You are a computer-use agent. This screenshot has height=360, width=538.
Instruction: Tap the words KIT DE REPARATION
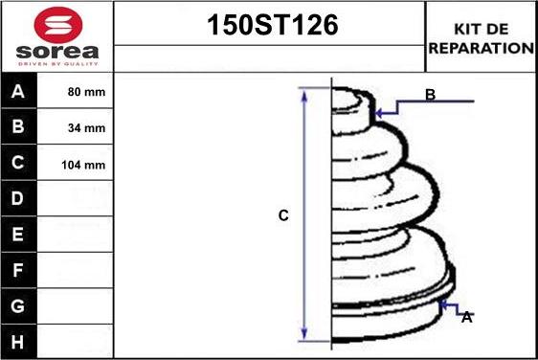[482, 37]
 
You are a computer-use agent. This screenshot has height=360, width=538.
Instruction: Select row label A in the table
[19, 94]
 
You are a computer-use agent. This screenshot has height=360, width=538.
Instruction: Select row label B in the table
[19, 128]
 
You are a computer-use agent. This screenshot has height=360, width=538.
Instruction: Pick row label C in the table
[19, 164]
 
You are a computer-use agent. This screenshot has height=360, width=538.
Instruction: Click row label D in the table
[19, 199]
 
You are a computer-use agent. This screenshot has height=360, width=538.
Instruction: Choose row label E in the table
[19, 235]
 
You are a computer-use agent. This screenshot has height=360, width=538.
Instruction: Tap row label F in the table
[19, 270]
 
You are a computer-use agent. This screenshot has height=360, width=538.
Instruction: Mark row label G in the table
[19, 305]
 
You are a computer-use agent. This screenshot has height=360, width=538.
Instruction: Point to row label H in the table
[19, 341]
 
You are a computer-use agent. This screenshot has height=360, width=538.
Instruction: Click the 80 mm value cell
[87, 94]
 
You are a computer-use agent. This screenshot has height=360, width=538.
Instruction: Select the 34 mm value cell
[87, 128]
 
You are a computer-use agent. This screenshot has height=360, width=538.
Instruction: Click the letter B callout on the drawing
[431, 95]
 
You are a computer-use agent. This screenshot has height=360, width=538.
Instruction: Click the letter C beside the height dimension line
[283, 216]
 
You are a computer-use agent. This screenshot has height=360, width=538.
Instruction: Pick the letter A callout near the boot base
[466, 317]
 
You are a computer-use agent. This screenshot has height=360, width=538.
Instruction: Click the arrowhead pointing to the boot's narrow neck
[380, 113]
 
